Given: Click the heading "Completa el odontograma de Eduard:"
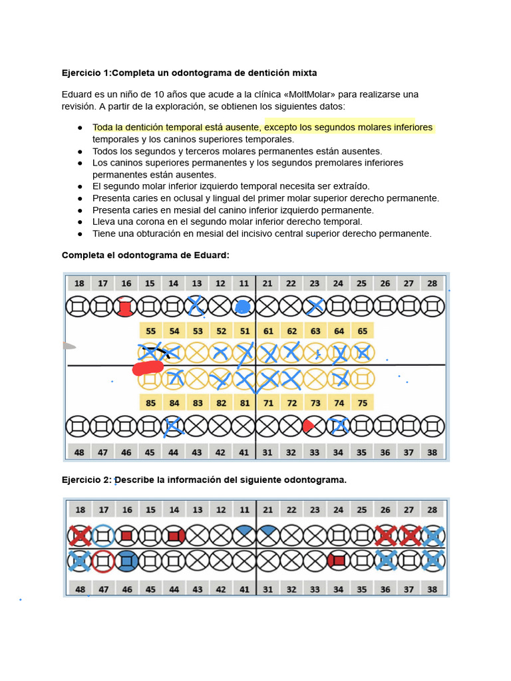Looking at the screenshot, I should (145, 255).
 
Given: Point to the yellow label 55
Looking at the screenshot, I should (150, 331).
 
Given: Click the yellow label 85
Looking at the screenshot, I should (150, 402).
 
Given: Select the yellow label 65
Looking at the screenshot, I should (362, 331).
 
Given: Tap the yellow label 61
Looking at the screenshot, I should (268, 331).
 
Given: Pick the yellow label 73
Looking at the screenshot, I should (315, 402).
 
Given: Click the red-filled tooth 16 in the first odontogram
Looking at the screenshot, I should (124, 307).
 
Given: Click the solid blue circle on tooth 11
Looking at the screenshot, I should (243, 307).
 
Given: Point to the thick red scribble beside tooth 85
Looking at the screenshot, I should (148, 368).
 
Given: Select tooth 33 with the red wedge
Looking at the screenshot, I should (314, 426).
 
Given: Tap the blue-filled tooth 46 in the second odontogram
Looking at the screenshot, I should (126, 561).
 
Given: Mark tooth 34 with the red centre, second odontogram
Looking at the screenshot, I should (339, 561).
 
